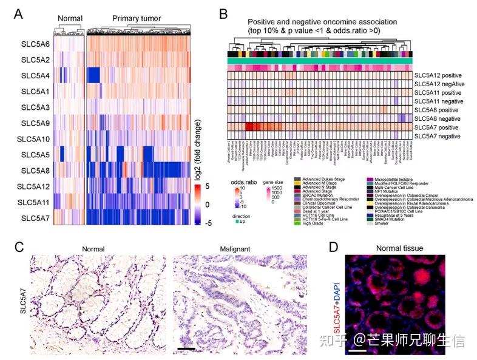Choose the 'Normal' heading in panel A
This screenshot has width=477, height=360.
click(x=69, y=18)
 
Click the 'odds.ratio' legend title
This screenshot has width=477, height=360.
click(x=244, y=182)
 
